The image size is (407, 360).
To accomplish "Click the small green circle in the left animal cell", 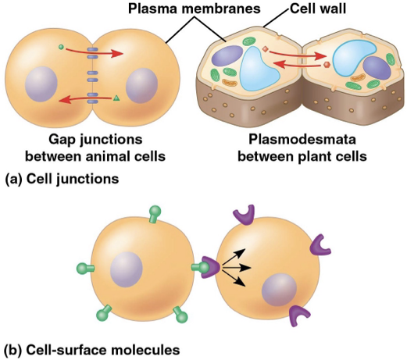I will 61,48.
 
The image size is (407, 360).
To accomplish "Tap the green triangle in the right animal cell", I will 116,98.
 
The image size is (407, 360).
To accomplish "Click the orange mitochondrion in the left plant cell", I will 228,80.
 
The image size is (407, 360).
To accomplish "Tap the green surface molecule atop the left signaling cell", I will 134,214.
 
